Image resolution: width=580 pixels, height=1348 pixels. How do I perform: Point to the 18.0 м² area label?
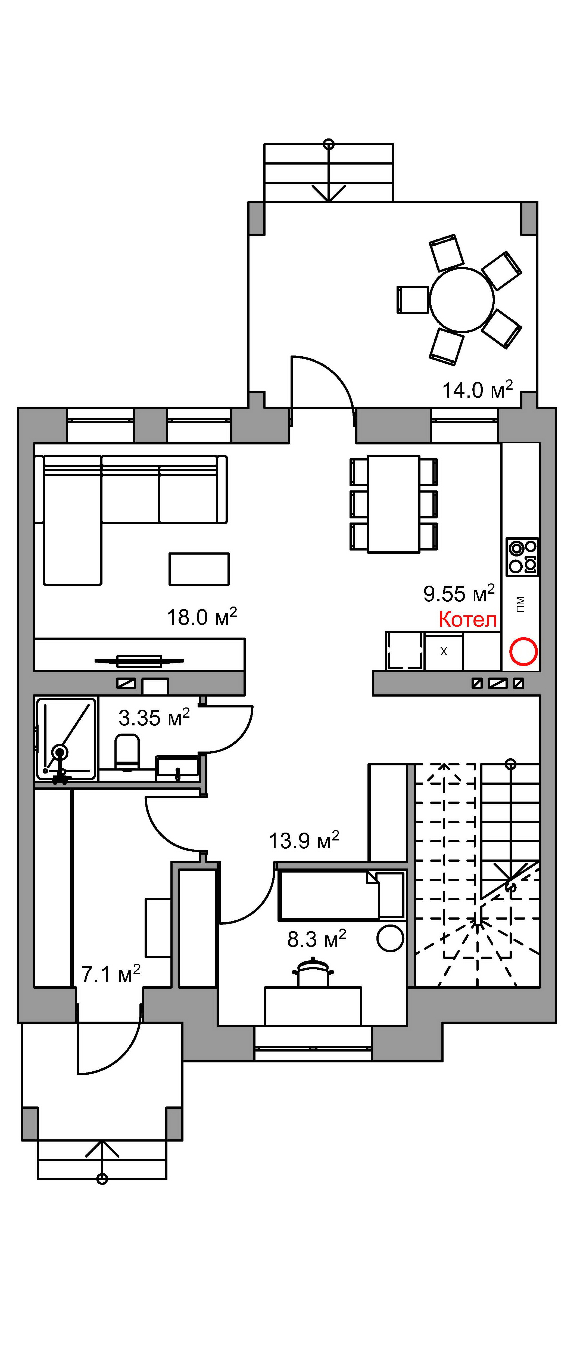(x=202, y=617)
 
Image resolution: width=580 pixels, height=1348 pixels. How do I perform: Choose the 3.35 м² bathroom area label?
(x=154, y=718)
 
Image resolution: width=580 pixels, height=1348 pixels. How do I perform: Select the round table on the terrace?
(x=462, y=300)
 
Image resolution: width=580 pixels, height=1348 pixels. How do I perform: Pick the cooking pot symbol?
(x=314, y=973)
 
